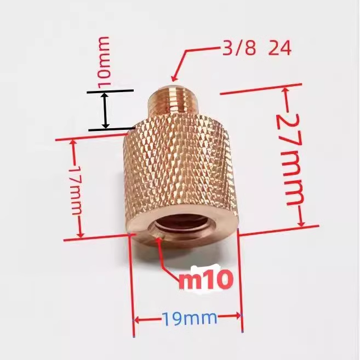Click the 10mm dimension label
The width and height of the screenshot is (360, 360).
[x=104, y=60]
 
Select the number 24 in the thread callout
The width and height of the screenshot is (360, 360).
[x=279, y=49]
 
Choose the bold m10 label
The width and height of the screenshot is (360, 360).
[x=206, y=280]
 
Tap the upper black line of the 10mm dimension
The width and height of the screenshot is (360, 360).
[x=110, y=92]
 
